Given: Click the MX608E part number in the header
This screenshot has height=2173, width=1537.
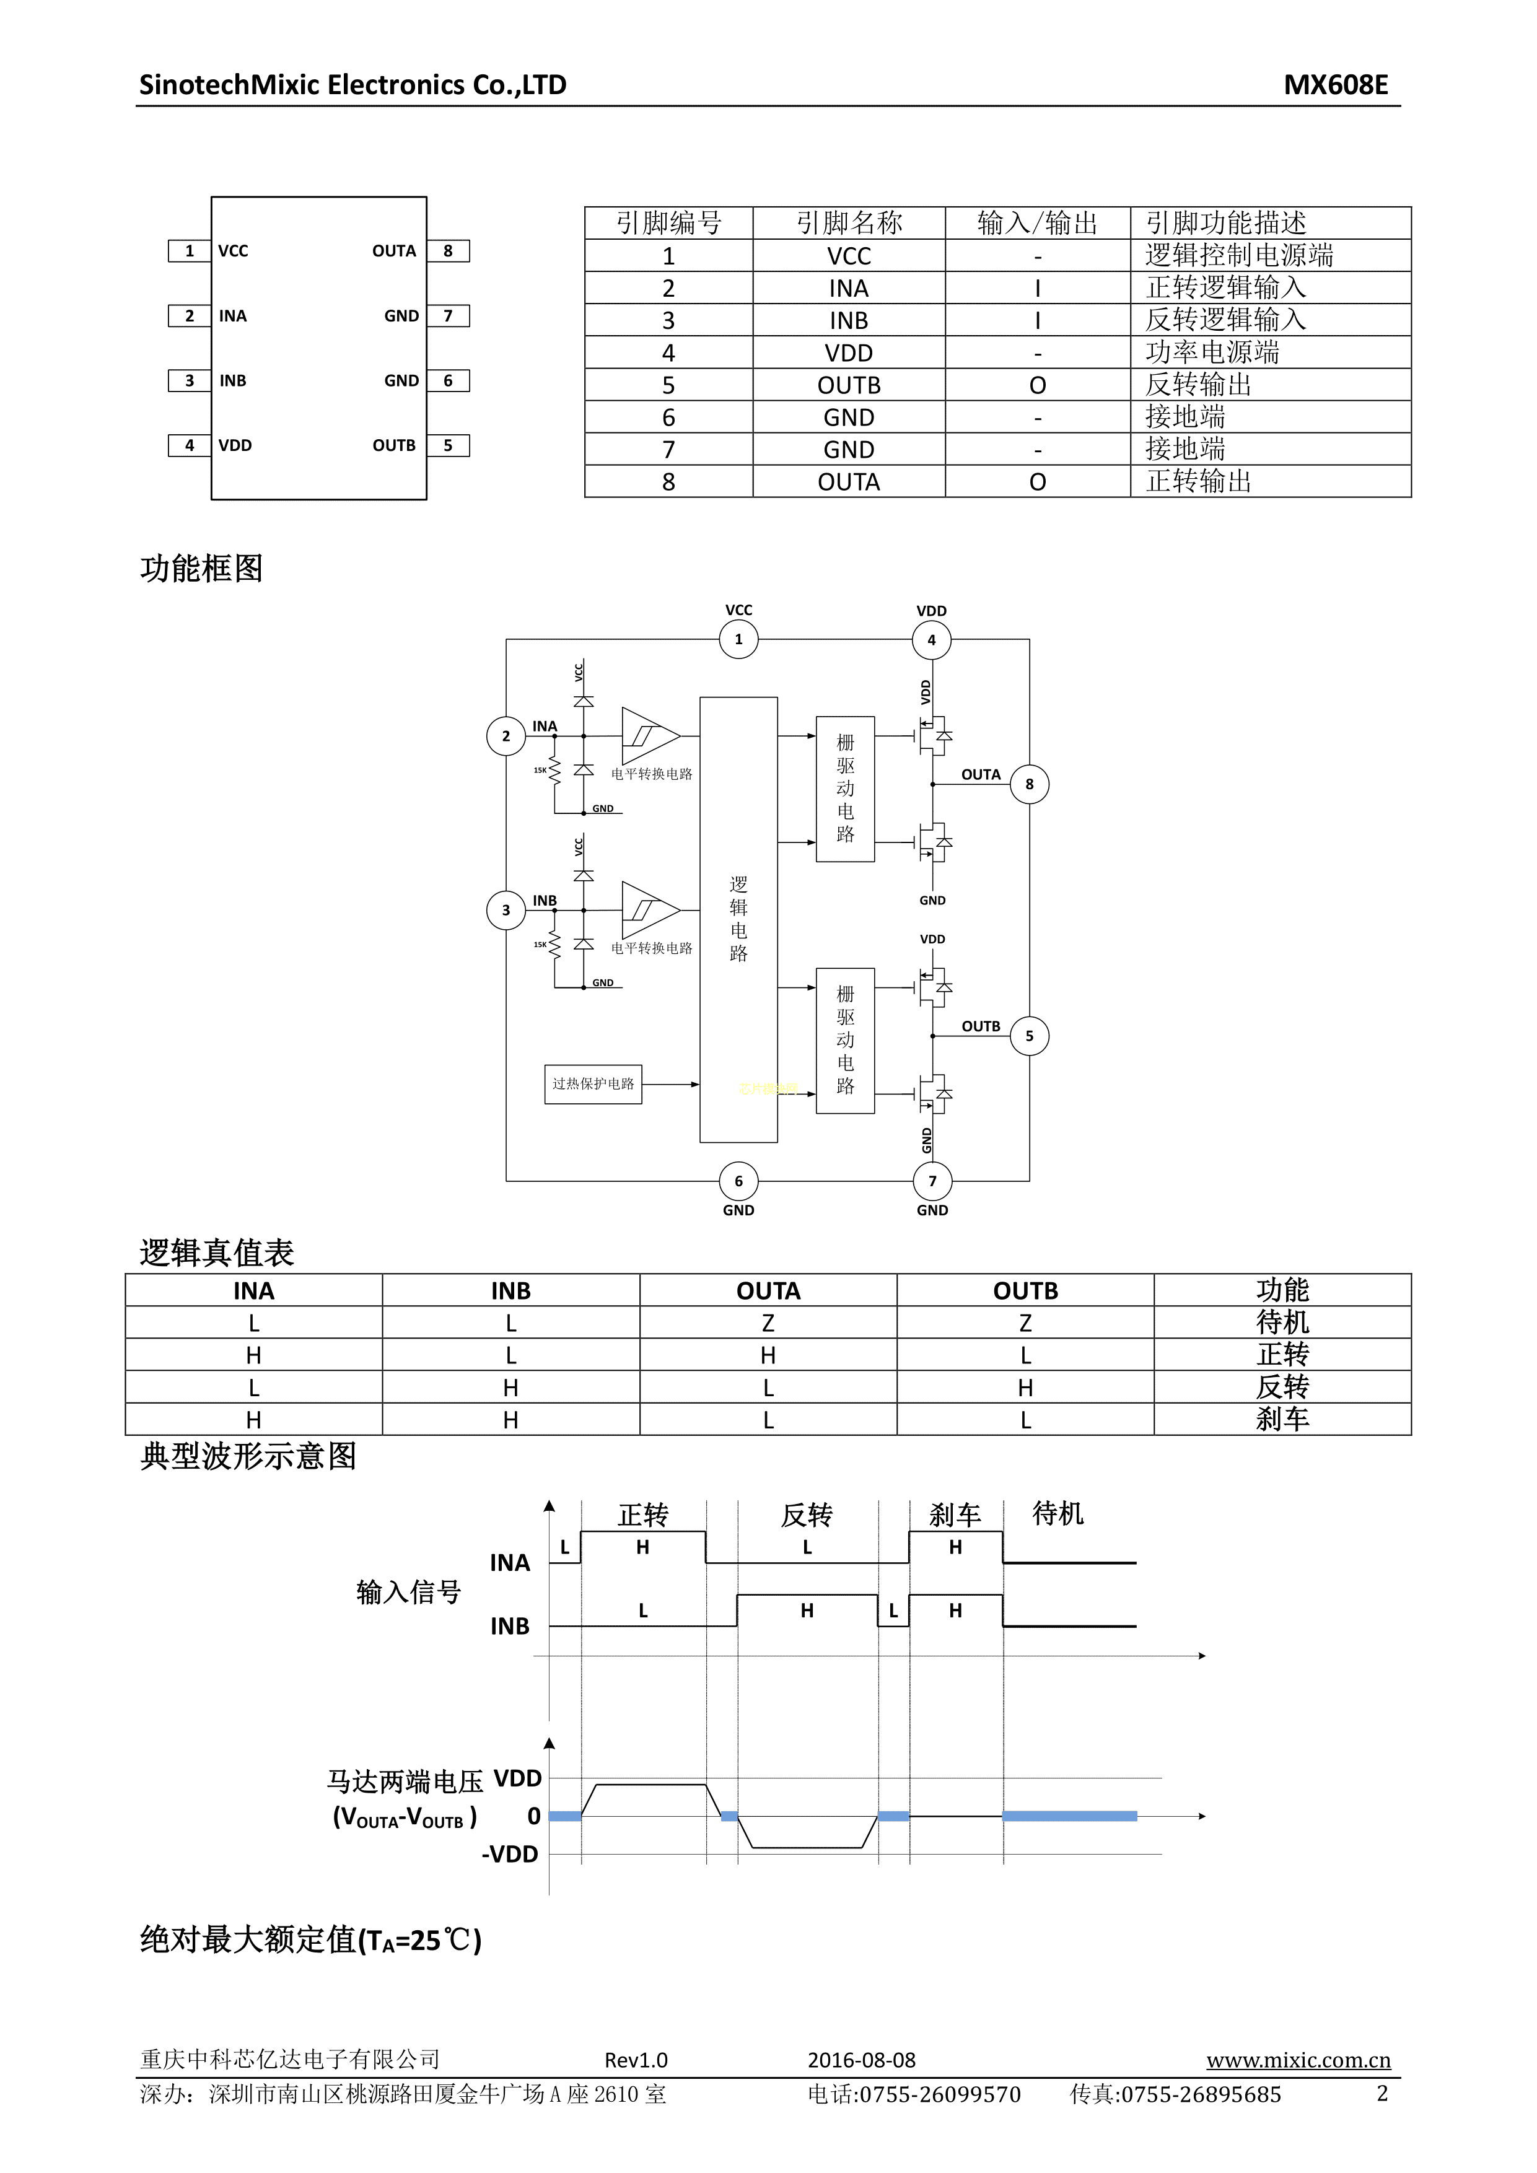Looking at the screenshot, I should tap(1334, 85).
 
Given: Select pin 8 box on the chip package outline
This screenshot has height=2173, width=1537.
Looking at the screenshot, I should tap(448, 251).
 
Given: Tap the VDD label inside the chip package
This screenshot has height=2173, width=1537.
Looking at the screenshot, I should tap(235, 446).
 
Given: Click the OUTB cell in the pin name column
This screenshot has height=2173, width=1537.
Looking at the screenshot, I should tap(848, 385).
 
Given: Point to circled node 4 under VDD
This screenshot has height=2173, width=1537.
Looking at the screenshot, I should tap(931, 640).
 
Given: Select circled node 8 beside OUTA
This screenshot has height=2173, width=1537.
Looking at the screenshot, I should tap(1029, 784).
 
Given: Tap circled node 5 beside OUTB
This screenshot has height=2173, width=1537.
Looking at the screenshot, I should tap(1029, 1035).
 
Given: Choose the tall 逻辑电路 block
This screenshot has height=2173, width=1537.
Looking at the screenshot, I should tap(738, 919).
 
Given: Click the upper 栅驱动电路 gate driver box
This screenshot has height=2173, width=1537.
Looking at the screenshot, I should tap(845, 789).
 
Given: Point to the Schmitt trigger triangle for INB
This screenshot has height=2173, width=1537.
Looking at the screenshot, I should tap(648, 911).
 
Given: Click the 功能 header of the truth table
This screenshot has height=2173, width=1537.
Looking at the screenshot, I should tap(1282, 1290).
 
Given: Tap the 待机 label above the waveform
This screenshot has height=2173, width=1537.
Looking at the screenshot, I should tap(1057, 1513).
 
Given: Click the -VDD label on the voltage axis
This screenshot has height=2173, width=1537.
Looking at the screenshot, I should tap(509, 1854).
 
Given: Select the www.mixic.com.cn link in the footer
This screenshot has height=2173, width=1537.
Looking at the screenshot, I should tap(1297, 2060).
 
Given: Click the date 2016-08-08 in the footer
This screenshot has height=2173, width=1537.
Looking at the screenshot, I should tap(861, 2060).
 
